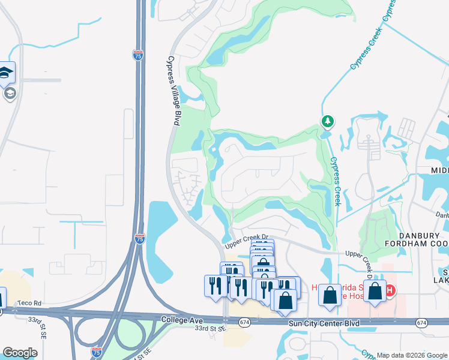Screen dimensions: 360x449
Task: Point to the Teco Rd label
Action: (29, 304)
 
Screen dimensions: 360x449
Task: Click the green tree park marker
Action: (327, 122)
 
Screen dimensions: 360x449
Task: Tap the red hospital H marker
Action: (390, 291)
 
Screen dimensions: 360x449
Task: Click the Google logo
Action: (20, 353)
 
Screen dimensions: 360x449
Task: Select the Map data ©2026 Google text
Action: (411, 355)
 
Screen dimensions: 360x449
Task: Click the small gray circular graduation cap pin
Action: (10, 93)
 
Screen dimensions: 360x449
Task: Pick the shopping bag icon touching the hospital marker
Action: (375, 292)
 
